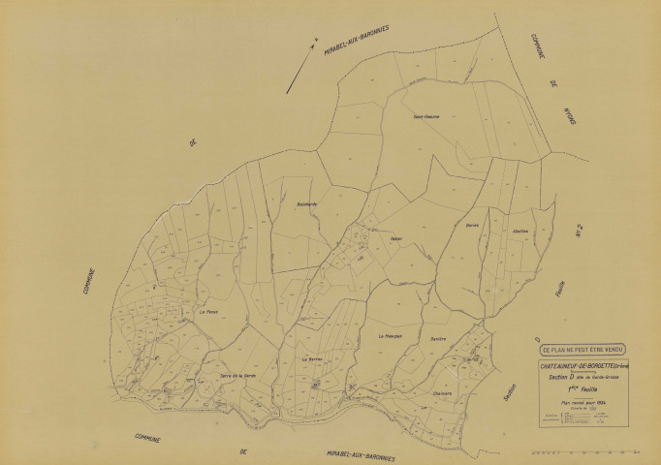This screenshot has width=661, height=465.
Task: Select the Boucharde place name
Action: pos(306,203)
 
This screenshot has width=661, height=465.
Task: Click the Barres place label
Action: pos(473,225)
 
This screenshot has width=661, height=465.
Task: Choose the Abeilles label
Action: pos(520,231)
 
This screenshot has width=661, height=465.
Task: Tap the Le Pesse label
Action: pos(208,312)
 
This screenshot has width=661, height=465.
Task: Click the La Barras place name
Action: pos(312,358)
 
